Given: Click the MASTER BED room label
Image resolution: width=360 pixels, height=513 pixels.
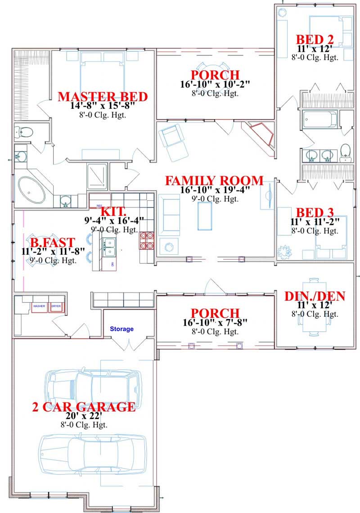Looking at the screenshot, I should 103,96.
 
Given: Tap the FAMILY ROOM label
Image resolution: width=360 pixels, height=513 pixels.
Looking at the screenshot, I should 214,181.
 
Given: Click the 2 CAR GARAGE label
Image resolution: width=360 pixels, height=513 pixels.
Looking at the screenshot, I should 84,407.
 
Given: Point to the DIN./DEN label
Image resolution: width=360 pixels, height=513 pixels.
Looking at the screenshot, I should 315,296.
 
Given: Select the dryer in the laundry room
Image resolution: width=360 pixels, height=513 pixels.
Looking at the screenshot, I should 56,306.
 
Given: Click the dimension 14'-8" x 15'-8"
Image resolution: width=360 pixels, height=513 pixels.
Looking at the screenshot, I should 103,106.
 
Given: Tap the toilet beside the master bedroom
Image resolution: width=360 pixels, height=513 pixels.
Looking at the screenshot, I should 24,132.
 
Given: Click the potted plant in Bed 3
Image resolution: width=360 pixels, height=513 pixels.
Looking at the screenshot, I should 286,251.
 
